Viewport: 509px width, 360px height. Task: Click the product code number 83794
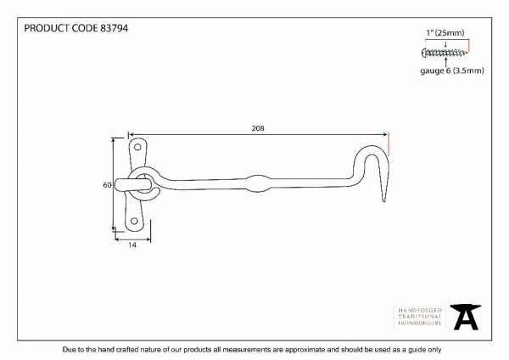114,28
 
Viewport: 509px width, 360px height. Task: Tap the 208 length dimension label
258,128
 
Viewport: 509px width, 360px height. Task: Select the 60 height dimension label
107,185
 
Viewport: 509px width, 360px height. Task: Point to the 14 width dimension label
132,245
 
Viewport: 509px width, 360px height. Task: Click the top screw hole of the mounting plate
137,147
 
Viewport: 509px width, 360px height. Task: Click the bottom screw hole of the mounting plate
134,222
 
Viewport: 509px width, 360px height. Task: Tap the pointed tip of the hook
384,201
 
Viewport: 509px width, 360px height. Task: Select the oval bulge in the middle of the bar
258,183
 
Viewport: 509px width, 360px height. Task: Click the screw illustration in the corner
445,53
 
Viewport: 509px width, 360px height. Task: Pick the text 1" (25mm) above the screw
445,33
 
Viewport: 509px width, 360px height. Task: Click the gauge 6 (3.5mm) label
452,70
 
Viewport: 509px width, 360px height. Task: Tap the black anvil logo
466,317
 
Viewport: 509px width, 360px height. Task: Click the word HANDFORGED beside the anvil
420,310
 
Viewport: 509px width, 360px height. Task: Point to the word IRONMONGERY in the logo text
420,323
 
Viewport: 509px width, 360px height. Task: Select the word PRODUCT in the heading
47,28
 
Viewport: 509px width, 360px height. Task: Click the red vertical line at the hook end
389,144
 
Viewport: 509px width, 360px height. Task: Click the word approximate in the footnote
305,350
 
